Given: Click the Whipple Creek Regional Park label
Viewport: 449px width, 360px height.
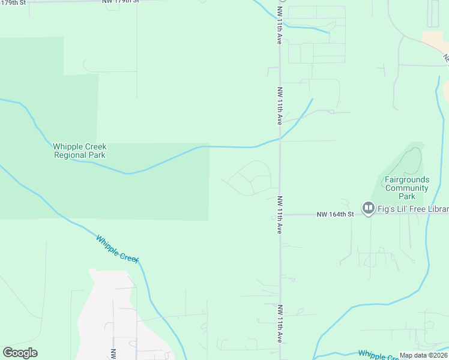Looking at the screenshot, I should (x=79, y=151).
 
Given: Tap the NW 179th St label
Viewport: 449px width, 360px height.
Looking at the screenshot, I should (x=120, y=2).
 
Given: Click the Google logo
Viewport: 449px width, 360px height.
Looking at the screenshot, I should (x=20, y=353).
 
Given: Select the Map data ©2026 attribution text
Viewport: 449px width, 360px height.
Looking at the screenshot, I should (x=423, y=355).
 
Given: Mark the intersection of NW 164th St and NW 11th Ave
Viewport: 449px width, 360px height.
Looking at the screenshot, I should (x=280, y=214).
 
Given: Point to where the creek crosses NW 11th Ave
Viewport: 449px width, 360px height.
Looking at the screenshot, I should (x=280, y=139).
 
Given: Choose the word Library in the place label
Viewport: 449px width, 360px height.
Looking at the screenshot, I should (x=435, y=209).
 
